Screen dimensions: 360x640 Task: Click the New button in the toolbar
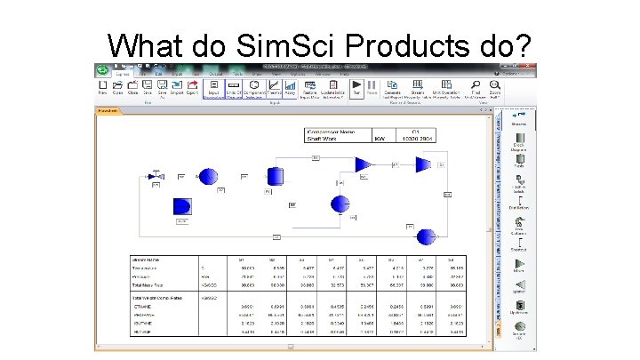point(103,87)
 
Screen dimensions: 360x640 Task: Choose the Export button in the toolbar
point(192,87)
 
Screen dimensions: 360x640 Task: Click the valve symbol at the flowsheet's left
point(152,177)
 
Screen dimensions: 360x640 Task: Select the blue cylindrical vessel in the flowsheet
point(276,175)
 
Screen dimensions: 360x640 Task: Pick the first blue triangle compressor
point(363,164)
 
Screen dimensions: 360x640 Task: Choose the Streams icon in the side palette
point(519,118)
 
